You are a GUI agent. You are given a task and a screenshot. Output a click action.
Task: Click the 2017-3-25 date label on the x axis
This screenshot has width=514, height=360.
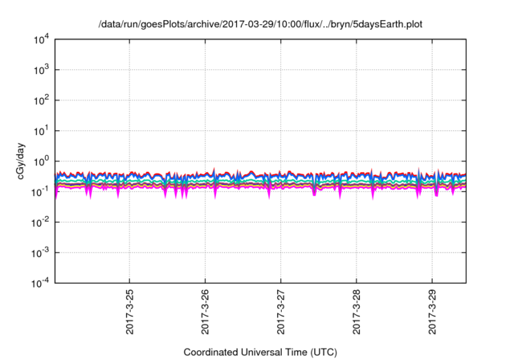tap(130, 313)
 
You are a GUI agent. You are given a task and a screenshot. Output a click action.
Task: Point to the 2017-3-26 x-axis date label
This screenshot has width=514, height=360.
tap(206, 313)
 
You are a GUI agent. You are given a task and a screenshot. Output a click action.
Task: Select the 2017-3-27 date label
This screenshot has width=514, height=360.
tap(281, 313)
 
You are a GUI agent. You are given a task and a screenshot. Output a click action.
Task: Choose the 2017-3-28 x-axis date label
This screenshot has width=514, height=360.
tap(357, 313)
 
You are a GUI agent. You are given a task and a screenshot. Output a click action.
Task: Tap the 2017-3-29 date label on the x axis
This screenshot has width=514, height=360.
tap(432, 313)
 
